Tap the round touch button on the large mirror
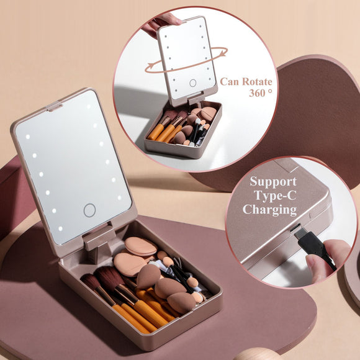[89, 210]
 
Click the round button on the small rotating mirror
[193, 83]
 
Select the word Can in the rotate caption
[230, 81]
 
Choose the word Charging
[269, 209]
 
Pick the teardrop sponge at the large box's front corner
[181, 302]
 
